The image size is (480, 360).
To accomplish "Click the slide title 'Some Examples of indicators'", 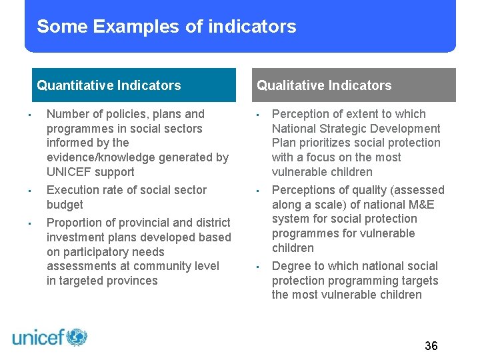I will [166, 27].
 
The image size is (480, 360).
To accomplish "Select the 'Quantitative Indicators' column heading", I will [109, 85].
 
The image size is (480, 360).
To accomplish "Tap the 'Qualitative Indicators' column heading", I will [324, 85].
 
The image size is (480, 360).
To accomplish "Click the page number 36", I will [431, 345].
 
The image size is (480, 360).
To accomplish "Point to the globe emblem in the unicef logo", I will [77, 337].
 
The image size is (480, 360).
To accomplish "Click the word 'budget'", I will [65, 205].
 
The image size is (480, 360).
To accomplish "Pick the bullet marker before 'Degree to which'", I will [257, 267].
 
